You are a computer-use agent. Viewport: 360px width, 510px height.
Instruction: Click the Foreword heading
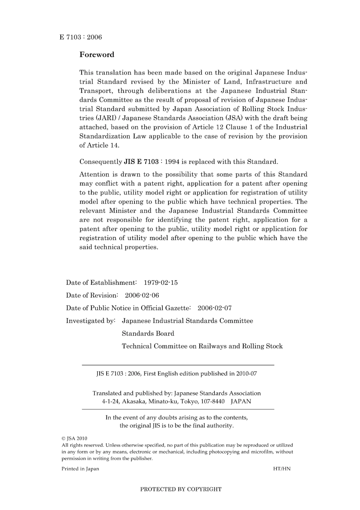[x=97, y=55]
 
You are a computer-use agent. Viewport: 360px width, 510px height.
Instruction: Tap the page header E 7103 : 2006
[x=81, y=37]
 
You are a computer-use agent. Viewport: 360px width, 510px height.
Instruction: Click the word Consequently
[x=100, y=162]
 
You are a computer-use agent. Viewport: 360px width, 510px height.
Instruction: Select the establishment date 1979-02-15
[x=161, y=282]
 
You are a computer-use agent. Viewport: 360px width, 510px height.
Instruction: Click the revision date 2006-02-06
[x=142, y=295]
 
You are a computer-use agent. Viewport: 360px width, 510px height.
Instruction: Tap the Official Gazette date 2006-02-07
[x=214, y=308]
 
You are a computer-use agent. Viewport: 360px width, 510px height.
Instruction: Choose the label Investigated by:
[x=91, y=321]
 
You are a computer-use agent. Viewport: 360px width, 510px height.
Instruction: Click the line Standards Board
[x=148, y=334]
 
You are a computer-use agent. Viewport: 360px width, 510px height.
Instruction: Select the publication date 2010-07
[x=246, y=373]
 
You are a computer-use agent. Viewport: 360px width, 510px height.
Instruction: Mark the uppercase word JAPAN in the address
[x=241, y=401]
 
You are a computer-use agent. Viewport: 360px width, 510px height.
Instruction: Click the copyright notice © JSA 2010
[x=74, y=438]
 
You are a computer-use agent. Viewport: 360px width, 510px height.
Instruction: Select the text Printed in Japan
[x=80, y=469]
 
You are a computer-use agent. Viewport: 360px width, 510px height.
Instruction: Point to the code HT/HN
[x=282, y=469]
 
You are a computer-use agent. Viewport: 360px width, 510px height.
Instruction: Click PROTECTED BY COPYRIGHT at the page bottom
[x=181, y=489]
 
